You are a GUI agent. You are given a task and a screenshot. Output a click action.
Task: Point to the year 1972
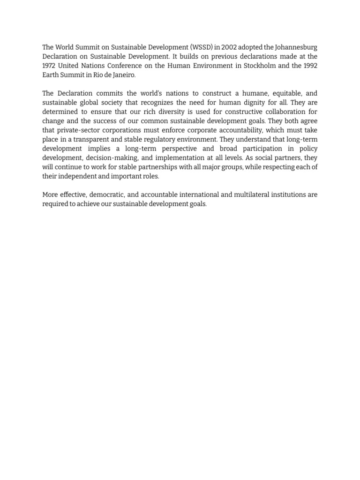click(x=49, y=66)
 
